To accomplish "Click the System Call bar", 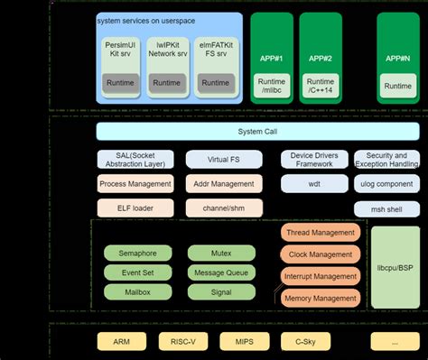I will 257,132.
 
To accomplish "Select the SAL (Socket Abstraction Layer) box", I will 135,160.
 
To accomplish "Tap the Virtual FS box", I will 223,160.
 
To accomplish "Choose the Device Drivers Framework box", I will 313,160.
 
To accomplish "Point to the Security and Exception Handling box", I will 386,160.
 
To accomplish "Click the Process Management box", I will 135,184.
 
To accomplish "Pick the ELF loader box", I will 135,208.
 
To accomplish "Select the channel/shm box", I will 223,208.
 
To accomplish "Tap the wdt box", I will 313,184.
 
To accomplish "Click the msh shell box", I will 386,208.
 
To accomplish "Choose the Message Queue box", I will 220,272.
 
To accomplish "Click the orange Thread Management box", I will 321,233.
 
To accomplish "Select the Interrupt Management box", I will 321,276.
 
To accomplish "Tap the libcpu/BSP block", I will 395,268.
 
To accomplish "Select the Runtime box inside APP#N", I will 397,87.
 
